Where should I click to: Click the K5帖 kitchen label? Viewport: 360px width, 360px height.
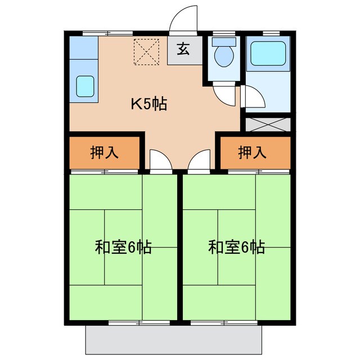point(149,104)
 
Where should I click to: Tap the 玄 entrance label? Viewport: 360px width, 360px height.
point(183,49)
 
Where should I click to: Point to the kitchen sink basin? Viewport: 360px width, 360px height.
point(86,86)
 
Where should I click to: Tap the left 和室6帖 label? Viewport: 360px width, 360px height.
point(123,247)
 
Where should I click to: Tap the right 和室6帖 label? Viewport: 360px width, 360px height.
point(236,247)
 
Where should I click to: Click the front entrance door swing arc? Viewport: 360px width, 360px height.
point(183,18)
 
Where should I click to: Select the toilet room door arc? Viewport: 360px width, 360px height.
point(223,93)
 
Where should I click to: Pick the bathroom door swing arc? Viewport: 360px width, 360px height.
point(253,97)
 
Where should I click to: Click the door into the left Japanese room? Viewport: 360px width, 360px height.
point(159,160)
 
